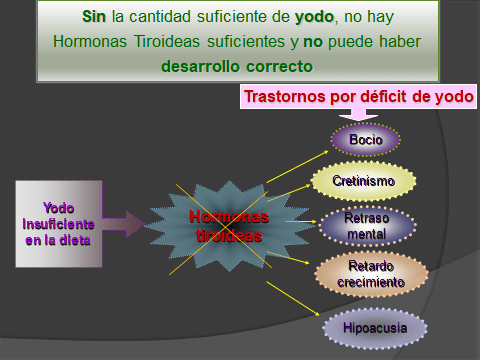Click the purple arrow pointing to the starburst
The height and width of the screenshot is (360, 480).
click(x=124, y=224)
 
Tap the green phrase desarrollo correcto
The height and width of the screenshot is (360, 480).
click(x=236, y=67)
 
